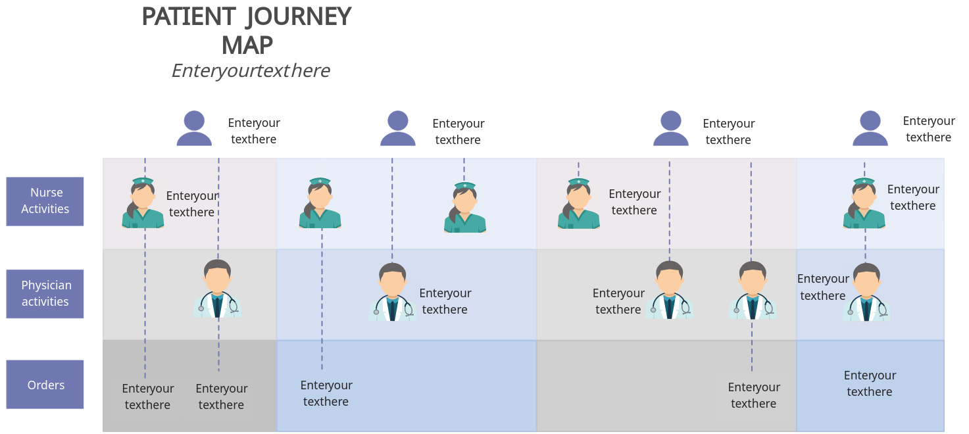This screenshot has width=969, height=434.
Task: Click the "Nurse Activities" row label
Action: point(45,201)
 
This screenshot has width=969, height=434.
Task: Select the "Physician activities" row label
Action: point(45,293)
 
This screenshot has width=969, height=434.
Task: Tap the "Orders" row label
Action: point(45,385)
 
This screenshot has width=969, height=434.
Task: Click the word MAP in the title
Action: point(247,45)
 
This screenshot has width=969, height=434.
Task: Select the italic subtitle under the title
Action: point(251,70)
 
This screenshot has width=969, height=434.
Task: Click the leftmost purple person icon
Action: point(194,128)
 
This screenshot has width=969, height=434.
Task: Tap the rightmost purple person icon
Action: point(870,128)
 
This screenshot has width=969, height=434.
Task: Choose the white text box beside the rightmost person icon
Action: point(928,130)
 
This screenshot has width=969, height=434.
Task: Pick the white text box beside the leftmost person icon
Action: point(253,132)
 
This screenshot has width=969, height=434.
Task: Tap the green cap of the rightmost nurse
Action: point(864,181)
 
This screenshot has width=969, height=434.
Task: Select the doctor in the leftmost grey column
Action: point(218,289)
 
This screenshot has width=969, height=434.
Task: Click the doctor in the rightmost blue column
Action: point(866,293)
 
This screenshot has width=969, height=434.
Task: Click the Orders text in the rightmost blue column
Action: point(870,383)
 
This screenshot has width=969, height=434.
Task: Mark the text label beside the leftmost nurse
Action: point(192,204)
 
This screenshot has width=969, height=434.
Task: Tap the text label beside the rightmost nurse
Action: point(913,197)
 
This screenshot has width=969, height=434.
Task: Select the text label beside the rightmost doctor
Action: point(823,287)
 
